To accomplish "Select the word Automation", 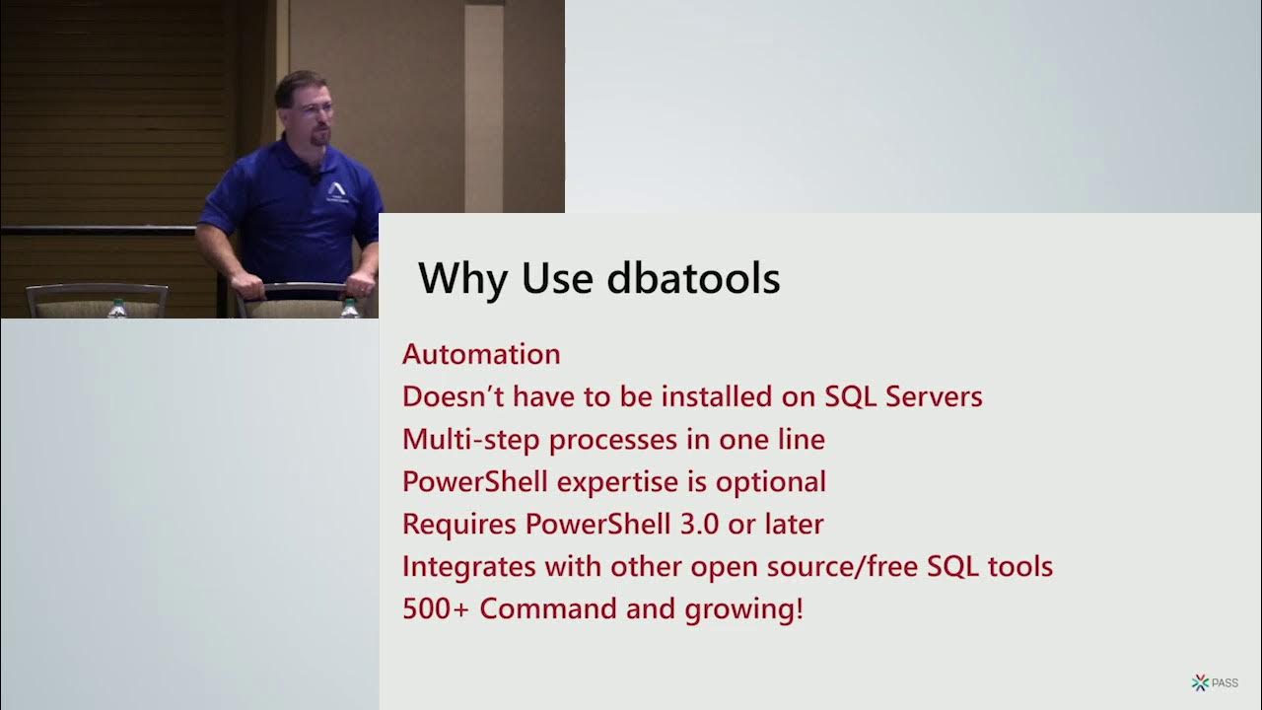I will (481, 354).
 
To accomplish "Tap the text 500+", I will (437, 608).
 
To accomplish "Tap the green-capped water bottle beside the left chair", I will (117, 308).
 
